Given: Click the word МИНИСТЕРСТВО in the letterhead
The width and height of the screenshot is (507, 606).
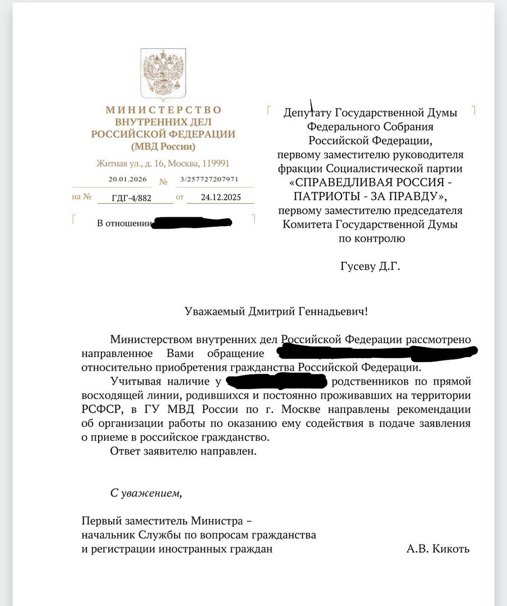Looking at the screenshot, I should tap(163, 110).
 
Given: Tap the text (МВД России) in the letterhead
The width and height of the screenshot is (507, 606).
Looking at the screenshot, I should tap(163, 147).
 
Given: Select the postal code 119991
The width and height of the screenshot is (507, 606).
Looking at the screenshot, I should tap(216, 163).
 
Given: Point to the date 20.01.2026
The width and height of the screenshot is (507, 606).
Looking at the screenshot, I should tap(127, 179).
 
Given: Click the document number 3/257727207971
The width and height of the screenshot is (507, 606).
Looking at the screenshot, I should tap(209, 179).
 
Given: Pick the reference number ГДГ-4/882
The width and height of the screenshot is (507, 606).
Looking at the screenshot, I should tap(132, 198).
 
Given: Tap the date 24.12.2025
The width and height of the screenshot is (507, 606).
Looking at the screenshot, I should tap(221, 197).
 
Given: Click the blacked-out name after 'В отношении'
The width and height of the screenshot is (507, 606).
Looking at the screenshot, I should tap(191, 223).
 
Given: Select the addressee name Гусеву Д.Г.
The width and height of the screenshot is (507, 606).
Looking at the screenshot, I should tap(370, 266).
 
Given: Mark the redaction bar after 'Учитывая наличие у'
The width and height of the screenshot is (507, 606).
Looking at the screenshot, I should tap(277, 381).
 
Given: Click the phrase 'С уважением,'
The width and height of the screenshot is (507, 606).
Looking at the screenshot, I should tap(146, 493).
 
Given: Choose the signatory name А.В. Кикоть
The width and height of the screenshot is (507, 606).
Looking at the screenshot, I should tap(437, 549).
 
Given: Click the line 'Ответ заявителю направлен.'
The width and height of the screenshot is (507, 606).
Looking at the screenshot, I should tap(183, 451).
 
